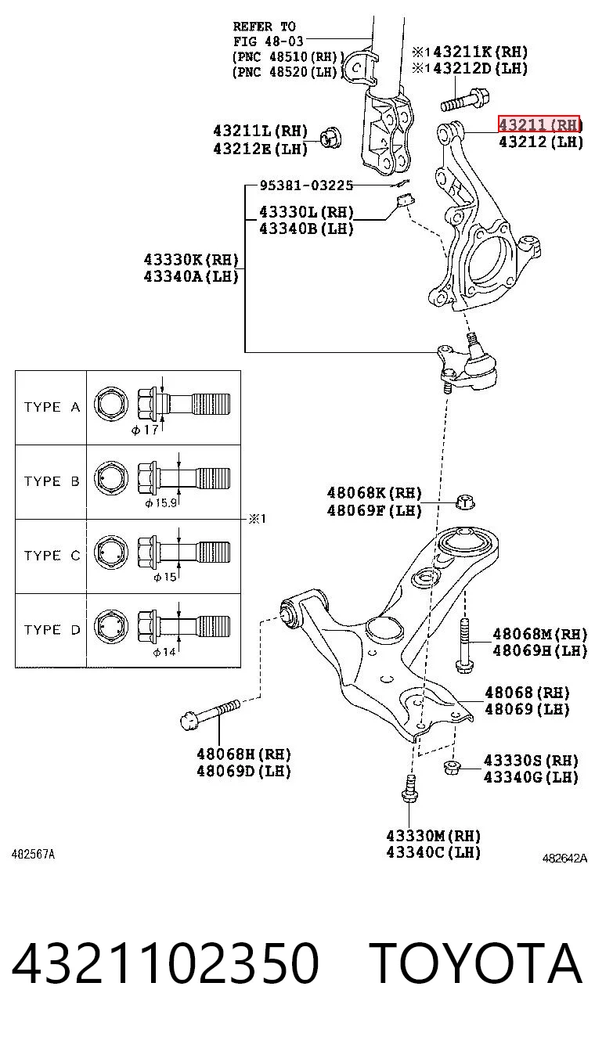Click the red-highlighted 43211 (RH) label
(539, 124)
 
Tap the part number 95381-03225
(306, 185)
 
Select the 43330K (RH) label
(191, 260)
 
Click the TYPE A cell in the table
(52, 407)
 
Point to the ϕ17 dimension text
(145, 430)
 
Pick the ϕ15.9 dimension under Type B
(160, 503)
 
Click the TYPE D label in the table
(52, 630)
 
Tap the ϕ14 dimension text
(164, 652)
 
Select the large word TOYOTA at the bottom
(477, 963)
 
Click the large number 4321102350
(165, 963)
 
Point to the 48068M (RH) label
(539, 634)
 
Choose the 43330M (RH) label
(433, 836)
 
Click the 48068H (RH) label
(243, 754)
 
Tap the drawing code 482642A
(564, 858)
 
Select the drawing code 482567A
(33, 854)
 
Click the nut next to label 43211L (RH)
(331, 136)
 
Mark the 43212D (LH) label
(480, 69)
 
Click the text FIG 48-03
(268, 41)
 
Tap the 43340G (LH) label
(531, 777)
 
